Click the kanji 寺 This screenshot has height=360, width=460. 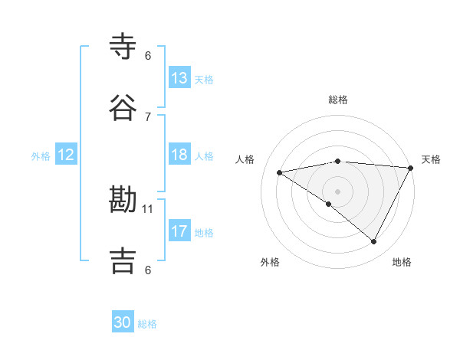point(123,46)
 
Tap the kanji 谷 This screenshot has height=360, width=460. point(123,107)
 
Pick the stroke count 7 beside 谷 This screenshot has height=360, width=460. point(148,116)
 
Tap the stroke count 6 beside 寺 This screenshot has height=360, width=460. point(148,55)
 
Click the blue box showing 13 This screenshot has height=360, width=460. point(179,77)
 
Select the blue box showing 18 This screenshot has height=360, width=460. point(179,155)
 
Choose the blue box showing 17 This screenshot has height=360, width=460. point(179,231)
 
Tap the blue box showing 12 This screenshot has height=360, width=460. point(65,155)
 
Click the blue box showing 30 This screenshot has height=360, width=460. point(123,322)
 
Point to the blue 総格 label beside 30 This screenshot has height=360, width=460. point(148,324)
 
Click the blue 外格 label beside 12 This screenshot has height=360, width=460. point(41,156)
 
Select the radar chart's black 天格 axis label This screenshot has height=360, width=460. point(431,159)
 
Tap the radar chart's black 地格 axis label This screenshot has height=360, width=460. point(402,262)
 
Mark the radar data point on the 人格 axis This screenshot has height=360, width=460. point(280,172)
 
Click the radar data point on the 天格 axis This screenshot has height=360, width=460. point(411,168)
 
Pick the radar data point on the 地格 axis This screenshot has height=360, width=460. point(374,242)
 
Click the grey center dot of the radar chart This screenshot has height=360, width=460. point(337,191)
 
